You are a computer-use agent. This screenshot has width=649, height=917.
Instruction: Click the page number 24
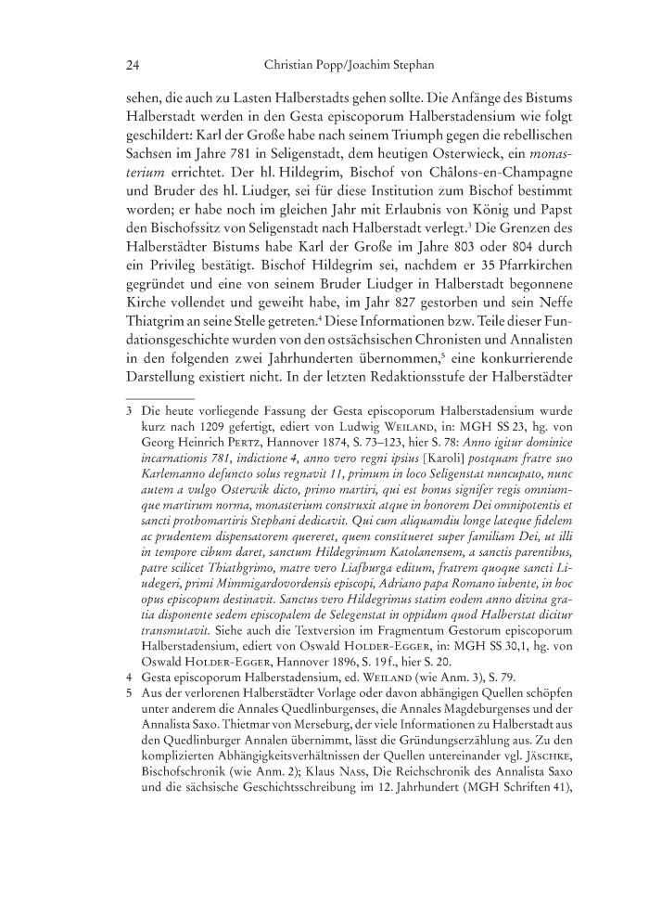click(x=133, y=66)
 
